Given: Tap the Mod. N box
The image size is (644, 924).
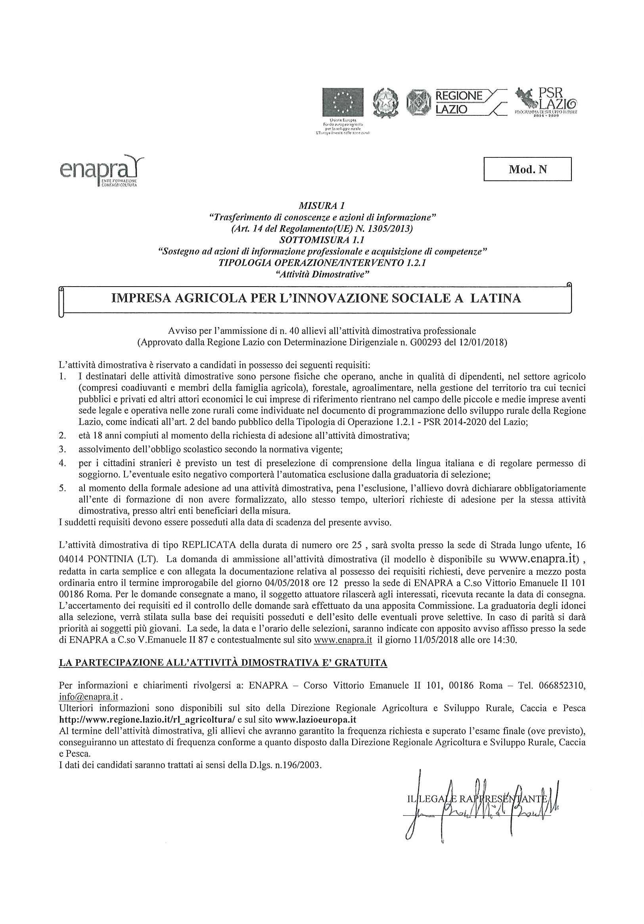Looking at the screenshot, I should [x=527, y=169].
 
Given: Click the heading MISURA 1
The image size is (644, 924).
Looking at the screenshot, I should [x=322, y=207].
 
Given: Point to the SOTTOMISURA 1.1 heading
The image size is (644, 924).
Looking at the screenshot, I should [x=322, y=240].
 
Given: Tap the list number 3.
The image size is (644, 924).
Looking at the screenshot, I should [x=62, y=449].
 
